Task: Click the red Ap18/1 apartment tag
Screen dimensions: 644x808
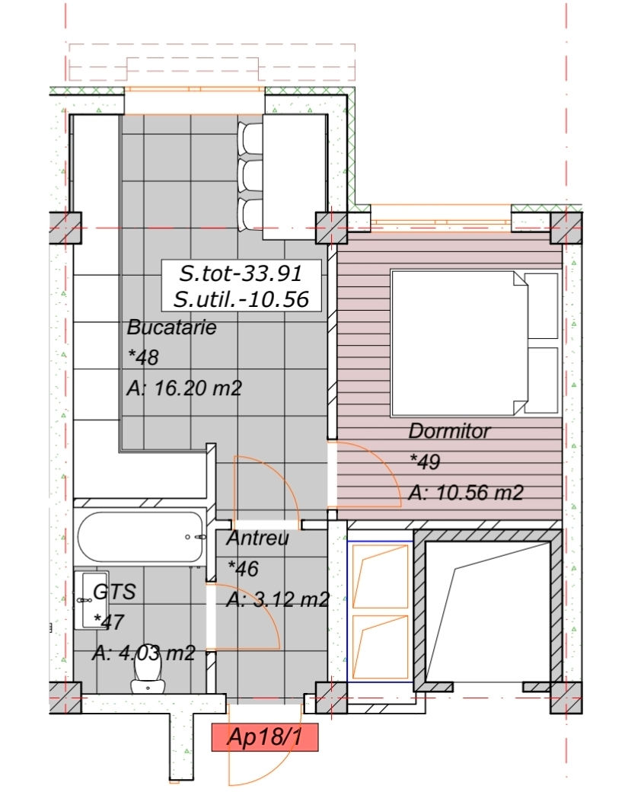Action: [x=265, y=737]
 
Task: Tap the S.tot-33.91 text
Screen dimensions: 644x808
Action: [x=241, y=273]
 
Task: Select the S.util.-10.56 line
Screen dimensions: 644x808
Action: [x=241, y=299]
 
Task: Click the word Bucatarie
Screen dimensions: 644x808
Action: [x=171, y=327]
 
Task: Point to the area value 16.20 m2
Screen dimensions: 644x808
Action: [x=198, y=388]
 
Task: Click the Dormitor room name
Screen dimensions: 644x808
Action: [x=449, y=431]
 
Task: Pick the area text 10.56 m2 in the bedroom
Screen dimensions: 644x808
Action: [x=480, y=493]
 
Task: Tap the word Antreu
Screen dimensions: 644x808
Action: [x=257, y=538]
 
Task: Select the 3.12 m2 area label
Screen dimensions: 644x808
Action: [x=292, y=599]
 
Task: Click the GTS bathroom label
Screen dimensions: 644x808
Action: [x=114, y=592]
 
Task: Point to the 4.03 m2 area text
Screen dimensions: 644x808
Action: [x=157, y=653]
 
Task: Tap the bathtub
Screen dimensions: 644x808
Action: [x=140, y=537]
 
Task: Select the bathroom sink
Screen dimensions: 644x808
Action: [x=91, y=600]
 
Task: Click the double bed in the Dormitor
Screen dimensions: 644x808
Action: [x=475, y=343]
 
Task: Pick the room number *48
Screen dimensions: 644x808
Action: [x=143, y=358]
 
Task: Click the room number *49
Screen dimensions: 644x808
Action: [x=425, y=461]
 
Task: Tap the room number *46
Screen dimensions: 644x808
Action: [x=243, y=569]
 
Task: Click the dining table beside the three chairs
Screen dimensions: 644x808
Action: [x=295, y=177]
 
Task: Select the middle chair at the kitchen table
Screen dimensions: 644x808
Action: [x=251, y=176]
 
